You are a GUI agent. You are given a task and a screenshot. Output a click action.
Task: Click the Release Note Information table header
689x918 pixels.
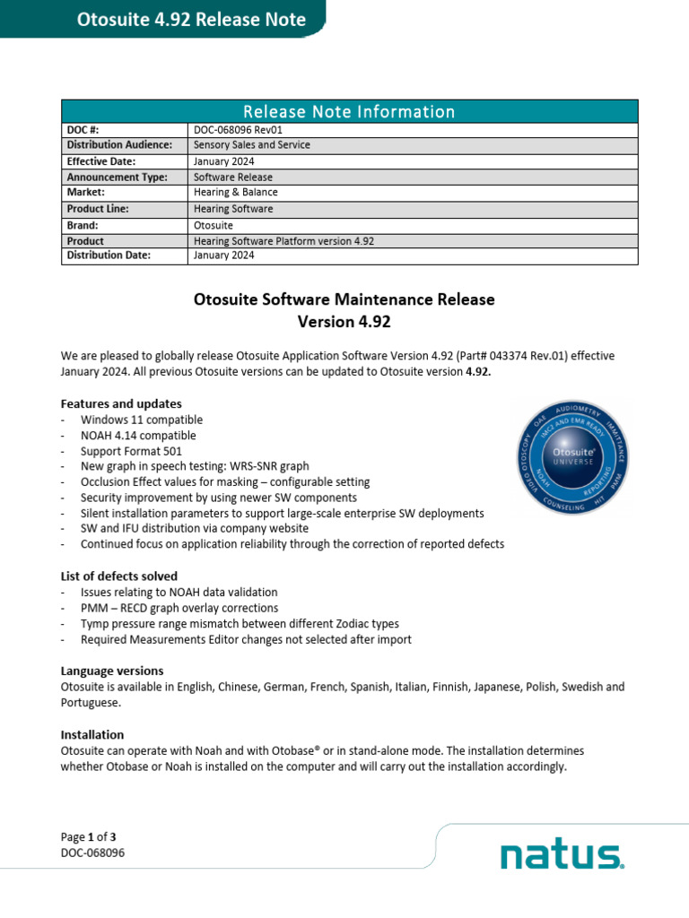point(349,111)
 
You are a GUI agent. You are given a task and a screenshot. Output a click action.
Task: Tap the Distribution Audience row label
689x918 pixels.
point(119,145)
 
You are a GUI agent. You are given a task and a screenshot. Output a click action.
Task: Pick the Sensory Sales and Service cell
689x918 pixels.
point(252,145)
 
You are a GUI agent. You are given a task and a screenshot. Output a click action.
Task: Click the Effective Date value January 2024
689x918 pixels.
point(224,161)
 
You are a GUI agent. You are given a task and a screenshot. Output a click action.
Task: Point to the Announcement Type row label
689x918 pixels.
point(117,178)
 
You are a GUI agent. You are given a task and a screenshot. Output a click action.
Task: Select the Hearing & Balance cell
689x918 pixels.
point(236,193)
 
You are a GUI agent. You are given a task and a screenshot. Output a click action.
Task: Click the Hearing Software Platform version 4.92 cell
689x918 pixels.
point(283,241)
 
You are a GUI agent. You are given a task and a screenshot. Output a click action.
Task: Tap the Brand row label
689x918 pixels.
point(83,225)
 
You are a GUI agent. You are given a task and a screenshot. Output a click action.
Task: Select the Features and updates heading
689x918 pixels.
point(121,403)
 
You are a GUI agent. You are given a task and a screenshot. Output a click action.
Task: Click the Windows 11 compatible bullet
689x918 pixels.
point(142,420)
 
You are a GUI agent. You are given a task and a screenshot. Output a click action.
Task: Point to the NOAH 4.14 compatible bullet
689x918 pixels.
point(138,436)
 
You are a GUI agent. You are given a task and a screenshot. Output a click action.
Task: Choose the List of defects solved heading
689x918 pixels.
point(119,576)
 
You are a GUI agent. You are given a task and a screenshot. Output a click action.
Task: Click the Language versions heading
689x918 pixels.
point(112,671)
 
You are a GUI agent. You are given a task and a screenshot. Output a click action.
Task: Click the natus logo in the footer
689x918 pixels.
point(562,855)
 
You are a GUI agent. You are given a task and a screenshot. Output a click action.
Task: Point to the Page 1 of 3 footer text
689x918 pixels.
point(89,836)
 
